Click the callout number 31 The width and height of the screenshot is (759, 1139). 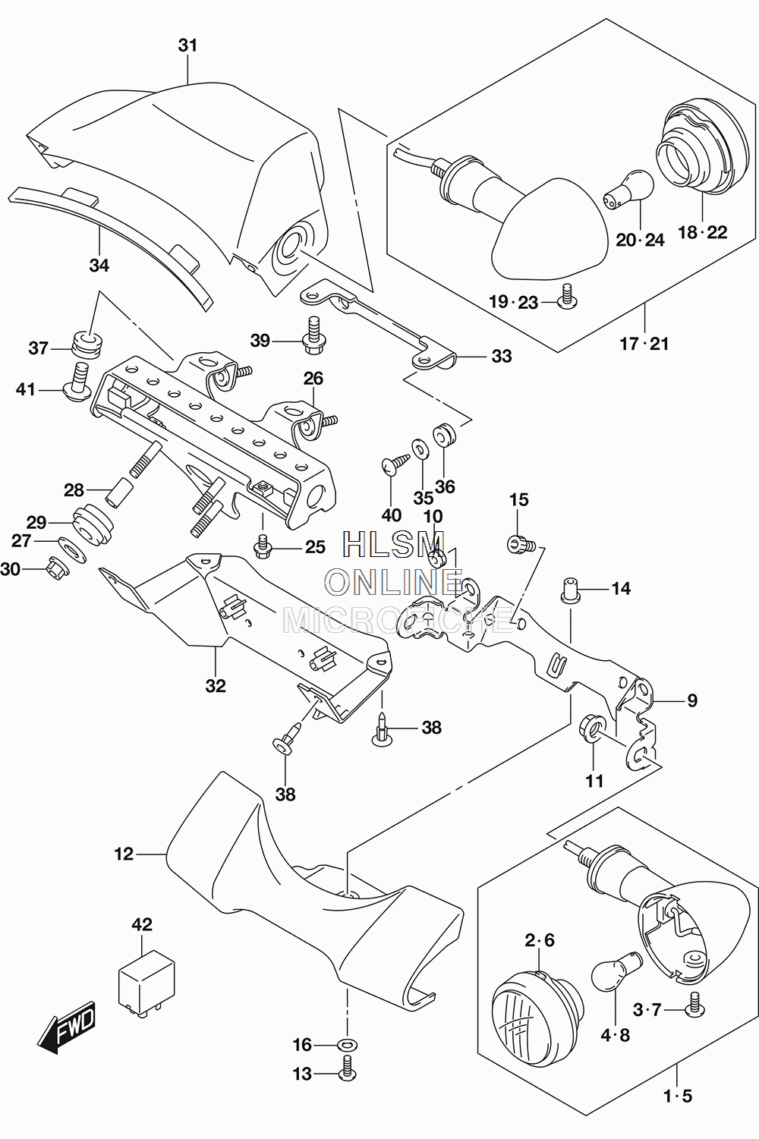coord(187,46)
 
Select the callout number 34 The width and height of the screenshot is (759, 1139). coord(99,265)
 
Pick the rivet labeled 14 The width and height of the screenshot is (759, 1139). coord(569,590)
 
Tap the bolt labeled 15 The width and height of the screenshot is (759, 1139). coord(521,545)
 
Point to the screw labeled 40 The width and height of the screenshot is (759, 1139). coord(395,463)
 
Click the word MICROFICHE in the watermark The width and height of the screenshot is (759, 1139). coord(398,620)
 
